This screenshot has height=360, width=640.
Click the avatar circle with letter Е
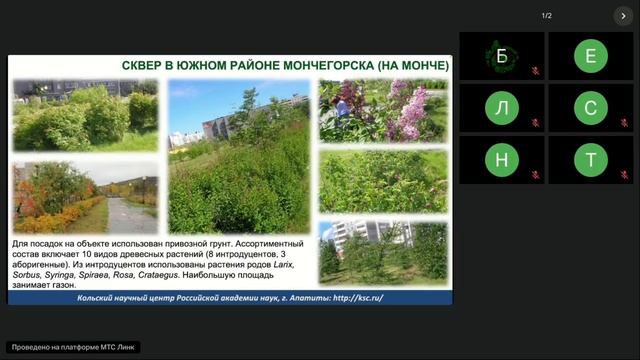591,56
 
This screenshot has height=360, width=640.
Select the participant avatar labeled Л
502,108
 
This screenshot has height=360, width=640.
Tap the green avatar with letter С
591,108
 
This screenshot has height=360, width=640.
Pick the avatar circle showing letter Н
502,160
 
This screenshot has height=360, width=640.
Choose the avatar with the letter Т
591,160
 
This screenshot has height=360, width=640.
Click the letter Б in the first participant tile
502,56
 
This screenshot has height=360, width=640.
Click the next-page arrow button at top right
622,16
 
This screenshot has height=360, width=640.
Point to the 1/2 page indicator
547,16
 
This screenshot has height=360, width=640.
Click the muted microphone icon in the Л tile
536,124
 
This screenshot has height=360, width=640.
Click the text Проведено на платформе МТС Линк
73,347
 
